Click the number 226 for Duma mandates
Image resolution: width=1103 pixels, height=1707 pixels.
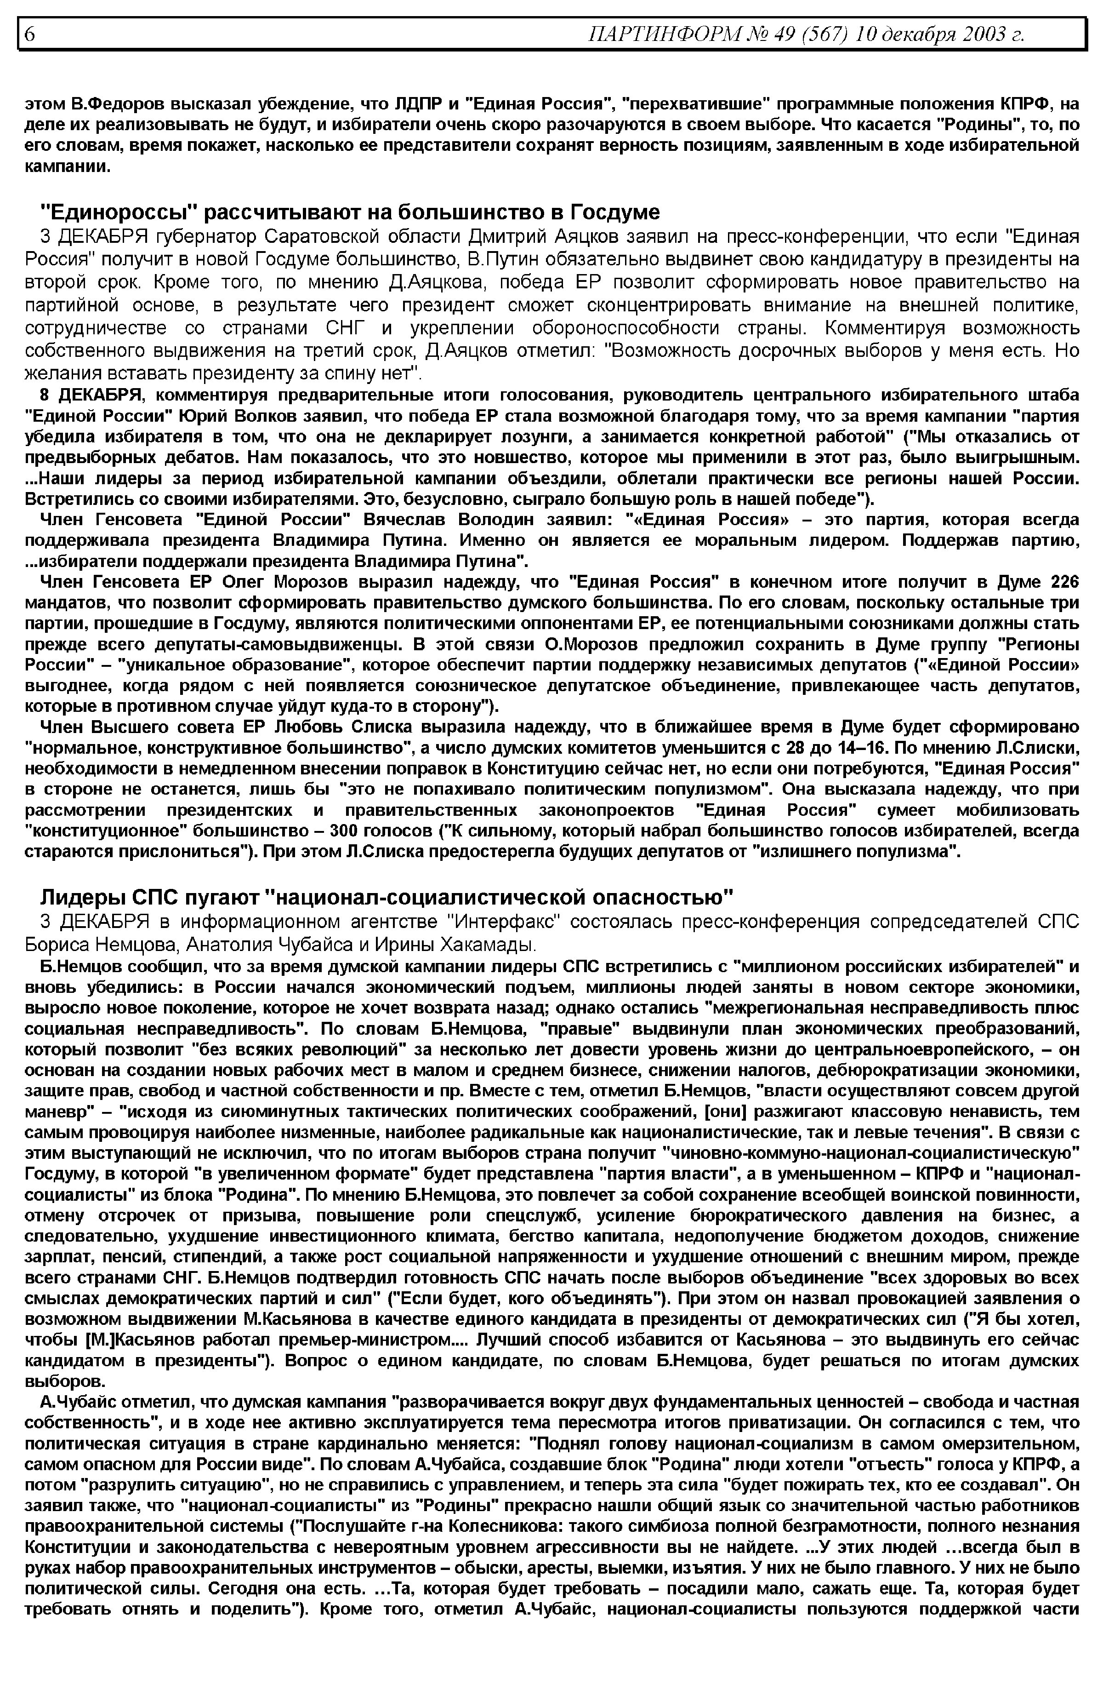coord(1063,582)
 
